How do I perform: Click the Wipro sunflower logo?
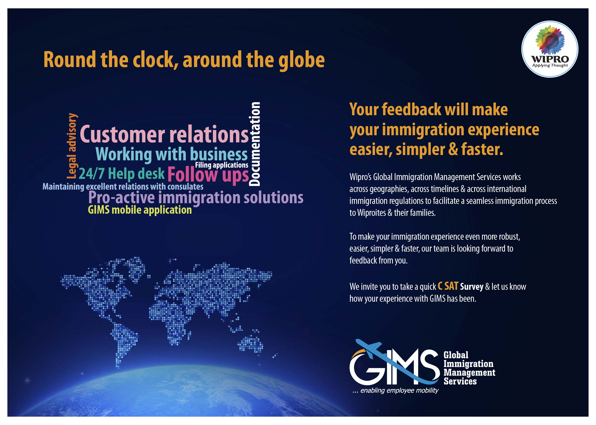550,49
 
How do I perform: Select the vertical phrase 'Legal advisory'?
72,146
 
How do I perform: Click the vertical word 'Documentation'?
254,144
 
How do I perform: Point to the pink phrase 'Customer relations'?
164,134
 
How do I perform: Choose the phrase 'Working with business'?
172,154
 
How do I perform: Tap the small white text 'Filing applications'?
221,165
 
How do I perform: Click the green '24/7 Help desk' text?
122,174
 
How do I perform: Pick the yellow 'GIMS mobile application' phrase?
140,210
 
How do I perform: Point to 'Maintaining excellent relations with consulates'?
123,187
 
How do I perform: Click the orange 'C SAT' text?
448,286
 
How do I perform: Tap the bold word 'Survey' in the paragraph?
472,287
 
